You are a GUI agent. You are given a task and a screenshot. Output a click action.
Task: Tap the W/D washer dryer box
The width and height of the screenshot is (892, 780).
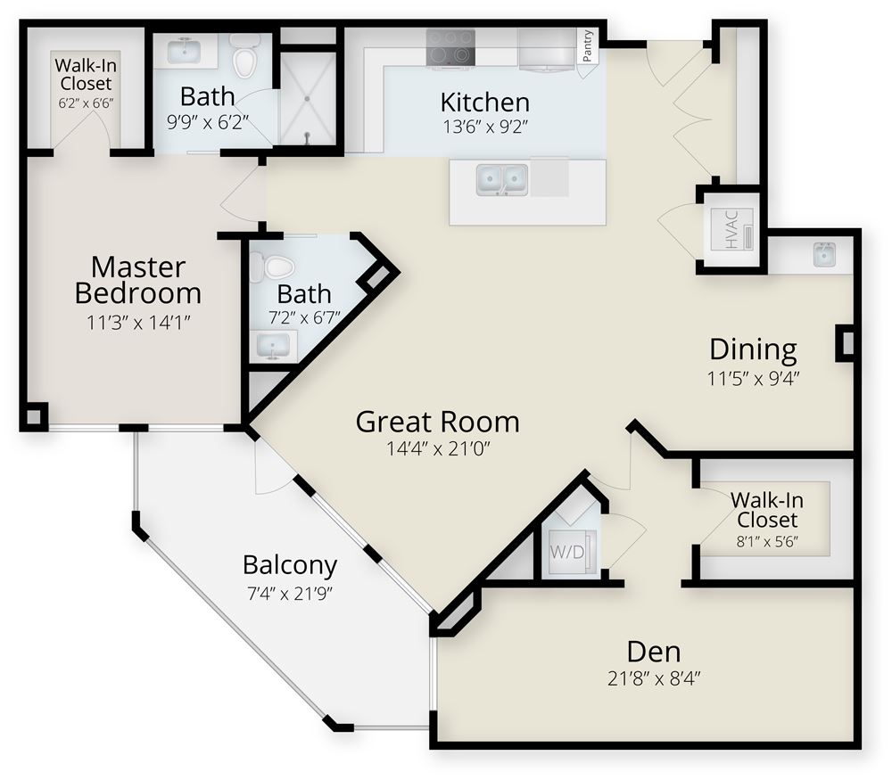click(x=566, y=551)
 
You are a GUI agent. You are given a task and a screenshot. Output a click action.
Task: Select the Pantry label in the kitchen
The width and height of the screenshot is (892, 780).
click(x=588, y=46)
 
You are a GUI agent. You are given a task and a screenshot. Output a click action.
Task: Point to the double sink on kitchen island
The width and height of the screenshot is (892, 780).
click(x=501, y=178)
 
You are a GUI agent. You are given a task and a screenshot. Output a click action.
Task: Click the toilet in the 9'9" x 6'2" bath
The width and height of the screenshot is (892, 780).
click(x=244, y=56)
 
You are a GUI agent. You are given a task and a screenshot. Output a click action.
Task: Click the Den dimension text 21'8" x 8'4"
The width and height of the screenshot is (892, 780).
click(x=654, y=678)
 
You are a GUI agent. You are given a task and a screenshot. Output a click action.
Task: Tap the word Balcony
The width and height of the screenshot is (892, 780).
click(x=290, y=565)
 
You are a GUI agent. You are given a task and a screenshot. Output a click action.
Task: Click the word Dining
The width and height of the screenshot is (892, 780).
click(x=752, y=349)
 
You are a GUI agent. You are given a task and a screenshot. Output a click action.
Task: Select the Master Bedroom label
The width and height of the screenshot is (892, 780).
click(x=138, y=279)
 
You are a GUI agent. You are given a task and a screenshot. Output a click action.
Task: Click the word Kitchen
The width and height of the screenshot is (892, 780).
click(x=485, y=102)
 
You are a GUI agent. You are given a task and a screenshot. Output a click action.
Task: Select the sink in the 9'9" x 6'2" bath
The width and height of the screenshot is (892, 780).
click(x=186, y=51)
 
